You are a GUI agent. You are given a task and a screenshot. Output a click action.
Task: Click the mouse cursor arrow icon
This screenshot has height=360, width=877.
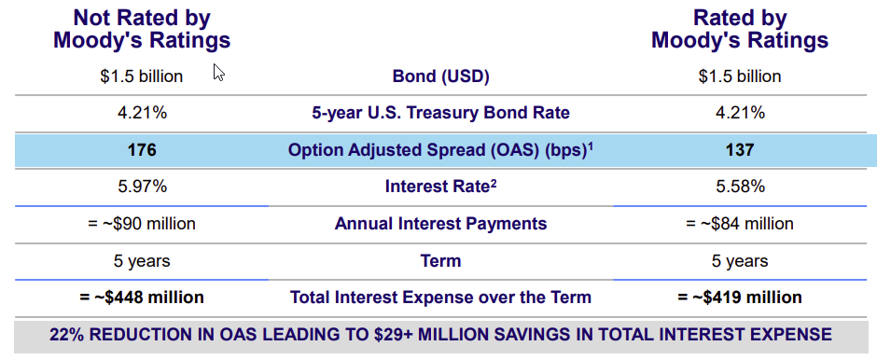point(218,72)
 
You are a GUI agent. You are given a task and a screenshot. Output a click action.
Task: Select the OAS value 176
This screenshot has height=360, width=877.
point(142,150)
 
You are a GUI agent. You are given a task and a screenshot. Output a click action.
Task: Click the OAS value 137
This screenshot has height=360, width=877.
point(740,150)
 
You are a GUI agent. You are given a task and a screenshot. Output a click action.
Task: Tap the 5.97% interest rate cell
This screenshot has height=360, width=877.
point(142,187)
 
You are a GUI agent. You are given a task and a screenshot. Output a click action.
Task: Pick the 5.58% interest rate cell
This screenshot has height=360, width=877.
point(740,187)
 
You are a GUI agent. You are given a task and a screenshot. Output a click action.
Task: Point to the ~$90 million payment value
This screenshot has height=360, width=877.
point(142,224)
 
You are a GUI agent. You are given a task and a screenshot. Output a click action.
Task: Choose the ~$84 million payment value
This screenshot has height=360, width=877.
point(740,224)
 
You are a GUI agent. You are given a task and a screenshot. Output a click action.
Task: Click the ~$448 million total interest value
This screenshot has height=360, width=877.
point(142,297)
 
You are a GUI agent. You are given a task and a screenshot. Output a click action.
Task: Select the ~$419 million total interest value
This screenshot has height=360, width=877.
point(740,297)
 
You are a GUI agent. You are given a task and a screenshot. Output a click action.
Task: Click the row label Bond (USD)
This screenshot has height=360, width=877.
point(440,76)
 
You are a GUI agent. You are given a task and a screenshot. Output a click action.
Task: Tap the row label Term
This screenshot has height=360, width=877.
point(440,260)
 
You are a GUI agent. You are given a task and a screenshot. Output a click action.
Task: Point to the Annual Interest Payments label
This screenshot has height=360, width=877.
point(440,224)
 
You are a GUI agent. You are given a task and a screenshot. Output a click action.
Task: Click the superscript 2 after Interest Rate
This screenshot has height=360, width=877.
point(494,183)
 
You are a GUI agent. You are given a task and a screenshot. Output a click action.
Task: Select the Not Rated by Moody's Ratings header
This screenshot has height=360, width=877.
point(142,30)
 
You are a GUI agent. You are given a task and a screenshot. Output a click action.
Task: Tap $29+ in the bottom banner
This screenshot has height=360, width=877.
point(396,334)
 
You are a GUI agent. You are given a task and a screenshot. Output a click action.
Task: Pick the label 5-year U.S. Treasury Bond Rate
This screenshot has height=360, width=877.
point(440,113)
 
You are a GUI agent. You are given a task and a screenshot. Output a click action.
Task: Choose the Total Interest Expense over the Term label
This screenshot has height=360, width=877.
point(440,297)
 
